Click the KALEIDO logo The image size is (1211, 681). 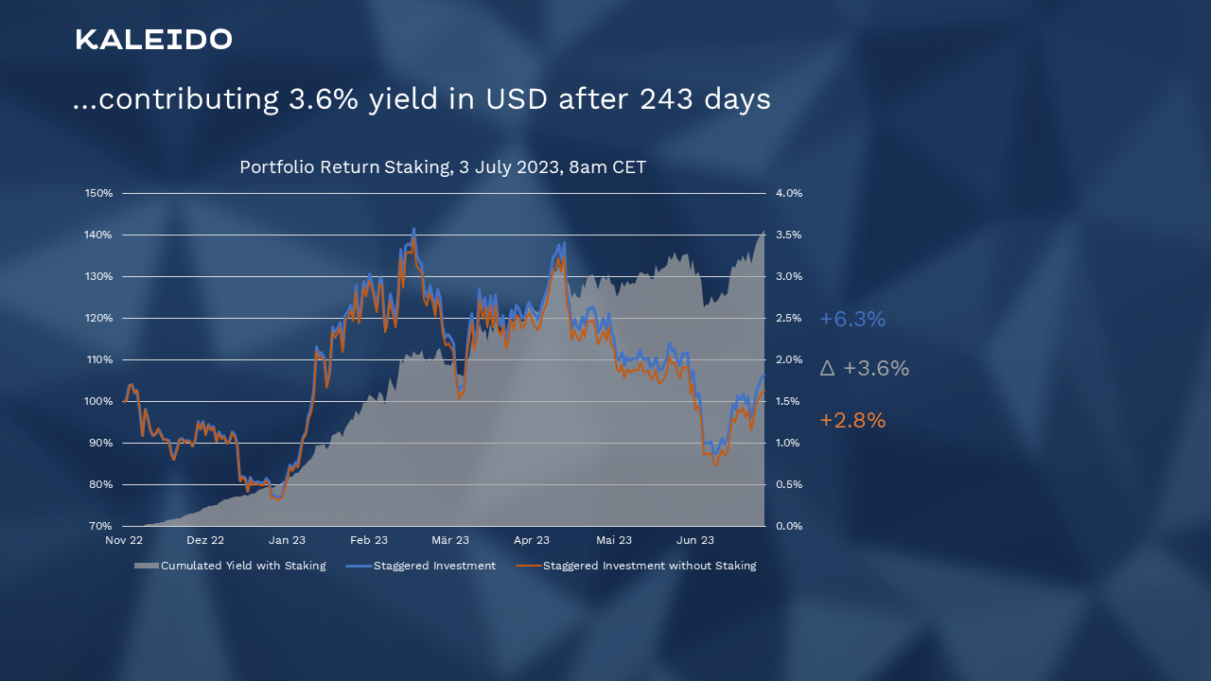[x=153, y=40]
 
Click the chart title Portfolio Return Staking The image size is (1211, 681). [x=443, y=167]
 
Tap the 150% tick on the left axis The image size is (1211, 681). [x=99, y=193]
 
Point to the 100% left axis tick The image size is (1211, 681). [x=99, y=401]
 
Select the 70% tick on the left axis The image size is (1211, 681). [x=101, y=526]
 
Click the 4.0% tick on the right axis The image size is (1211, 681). [x=789, y=193]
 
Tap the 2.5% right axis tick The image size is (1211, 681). [x=789, y=318]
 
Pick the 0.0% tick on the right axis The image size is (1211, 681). [x=789, y=526]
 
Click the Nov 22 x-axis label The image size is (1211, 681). [x=124, y=541]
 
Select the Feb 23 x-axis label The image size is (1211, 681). [x=369, y=541]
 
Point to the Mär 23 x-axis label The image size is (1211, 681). [x=450, y=541]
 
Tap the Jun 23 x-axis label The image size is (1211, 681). [x=695, y=541]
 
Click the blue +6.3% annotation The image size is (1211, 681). [x=852, y=320]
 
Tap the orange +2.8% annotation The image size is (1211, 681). [x=852, y=421]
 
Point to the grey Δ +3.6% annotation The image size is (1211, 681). [x=864, y=369]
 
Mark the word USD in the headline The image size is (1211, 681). [x=517, y=99]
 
